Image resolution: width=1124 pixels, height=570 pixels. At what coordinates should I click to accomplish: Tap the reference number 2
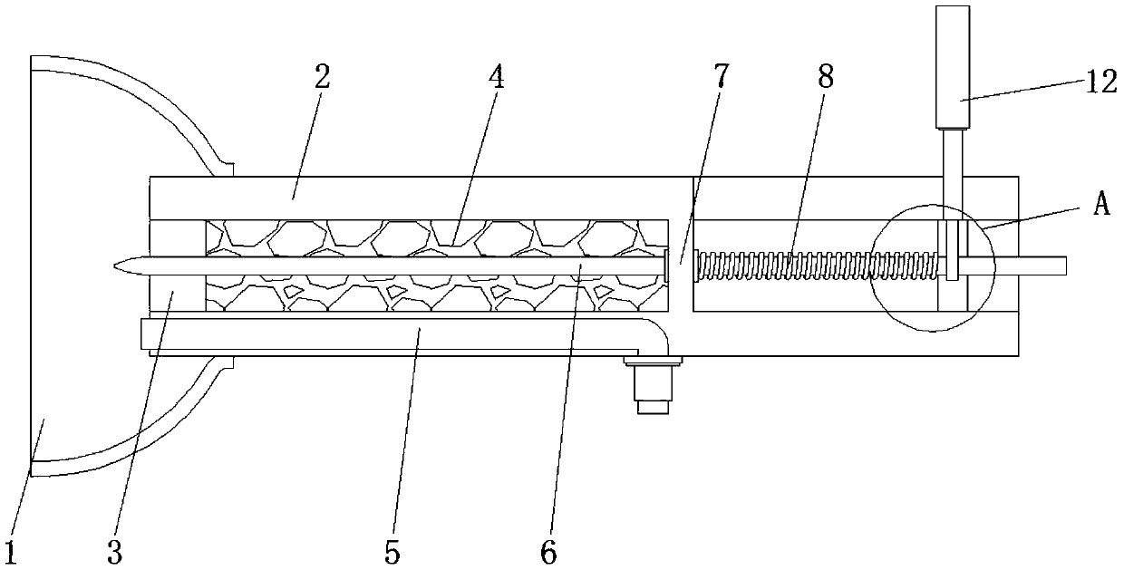[x=323, y=77]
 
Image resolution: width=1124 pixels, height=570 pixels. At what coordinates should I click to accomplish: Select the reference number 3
[x=115, y=554]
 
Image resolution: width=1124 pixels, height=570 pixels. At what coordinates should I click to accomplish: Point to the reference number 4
[x=496, y=77]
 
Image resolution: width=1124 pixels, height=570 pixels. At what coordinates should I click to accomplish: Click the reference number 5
[x=392, y=554]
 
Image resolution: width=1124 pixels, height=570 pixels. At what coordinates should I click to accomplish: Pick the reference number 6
[x=548, y=554]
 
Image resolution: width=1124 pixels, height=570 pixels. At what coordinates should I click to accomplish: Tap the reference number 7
[x=721, y=77]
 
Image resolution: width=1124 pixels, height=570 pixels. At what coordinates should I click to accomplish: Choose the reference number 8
[x=826, y=77]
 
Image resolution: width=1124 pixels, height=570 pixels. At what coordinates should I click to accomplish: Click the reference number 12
[x=1102, y=82]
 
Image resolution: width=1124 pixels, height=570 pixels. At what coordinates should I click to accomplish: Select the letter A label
[x=1102, y=204]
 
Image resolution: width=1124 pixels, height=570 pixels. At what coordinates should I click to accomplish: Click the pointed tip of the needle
[x=115, y=266]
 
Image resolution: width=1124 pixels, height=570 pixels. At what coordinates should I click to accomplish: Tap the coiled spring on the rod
[x=817, y=266]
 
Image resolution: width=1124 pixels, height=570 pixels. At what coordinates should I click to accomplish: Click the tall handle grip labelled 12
[x=953, y=68]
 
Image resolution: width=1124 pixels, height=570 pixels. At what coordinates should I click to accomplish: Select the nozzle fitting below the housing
[x=653, y=385]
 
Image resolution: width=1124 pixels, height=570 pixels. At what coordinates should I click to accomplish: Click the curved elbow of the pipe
[x=654, y=333]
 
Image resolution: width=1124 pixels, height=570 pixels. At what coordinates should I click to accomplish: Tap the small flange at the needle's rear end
[x=666, y=266]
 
